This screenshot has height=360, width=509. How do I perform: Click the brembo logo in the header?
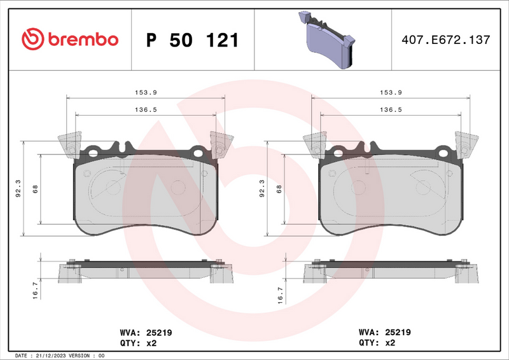[70, 39]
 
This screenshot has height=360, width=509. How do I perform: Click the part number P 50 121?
[192, 40]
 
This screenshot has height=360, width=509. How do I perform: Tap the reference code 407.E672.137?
[445, 40]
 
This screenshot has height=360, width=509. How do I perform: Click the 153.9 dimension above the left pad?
[146, 92]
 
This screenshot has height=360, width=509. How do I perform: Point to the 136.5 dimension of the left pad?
[146, 109]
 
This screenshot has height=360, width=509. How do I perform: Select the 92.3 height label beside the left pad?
[18, 188]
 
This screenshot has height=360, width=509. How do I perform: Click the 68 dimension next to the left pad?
[36, 188]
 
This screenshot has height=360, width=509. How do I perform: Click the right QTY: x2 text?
[377, 343]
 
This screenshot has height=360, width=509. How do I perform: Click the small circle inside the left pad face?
[113, 187]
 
